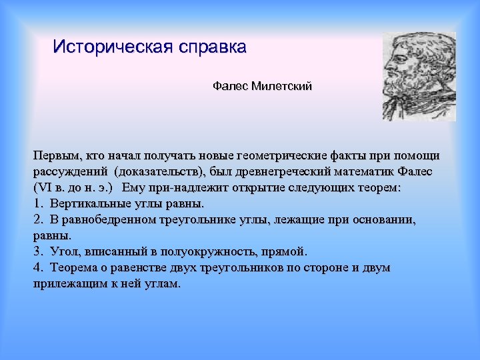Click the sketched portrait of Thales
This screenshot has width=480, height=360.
click(x=418, y=76)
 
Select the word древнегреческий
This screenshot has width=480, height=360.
click(x=291, y=172)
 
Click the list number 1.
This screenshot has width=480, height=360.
click(x=36, y=204)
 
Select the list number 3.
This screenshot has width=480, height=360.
click(x=36, y=252)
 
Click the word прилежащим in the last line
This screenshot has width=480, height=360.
click(x=67, y=284)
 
